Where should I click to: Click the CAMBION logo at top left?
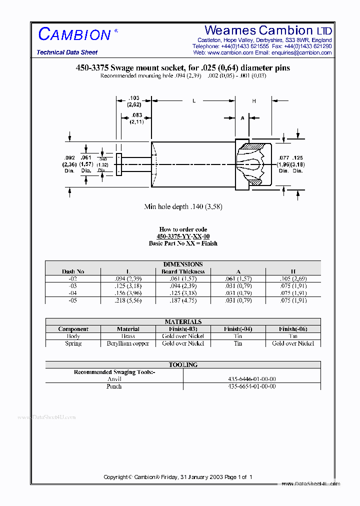pyautogui.click(x=74, y=34)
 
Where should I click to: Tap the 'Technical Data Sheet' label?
pyautogui.click(x=67, y=52)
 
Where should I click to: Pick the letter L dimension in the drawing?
pyautogui.click(x=194, y=101)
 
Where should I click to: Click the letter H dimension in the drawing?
pyautogui.click(x=254, y=101)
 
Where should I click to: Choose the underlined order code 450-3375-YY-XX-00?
pyautogui.click(x=183, y=236)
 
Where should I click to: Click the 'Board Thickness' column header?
pyautogui.click(x=183, y=271)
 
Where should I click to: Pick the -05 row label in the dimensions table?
pyautogui.click(x=73, y=300)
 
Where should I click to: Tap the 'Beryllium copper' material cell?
pyautogui.click(x=128, y=343)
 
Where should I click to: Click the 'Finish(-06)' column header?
pyautogui.click(x=293, y=329)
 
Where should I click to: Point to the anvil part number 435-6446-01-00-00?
pyautogui.click(x=252, y=379)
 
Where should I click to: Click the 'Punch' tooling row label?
pyautogui.click(x=114, y=386)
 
